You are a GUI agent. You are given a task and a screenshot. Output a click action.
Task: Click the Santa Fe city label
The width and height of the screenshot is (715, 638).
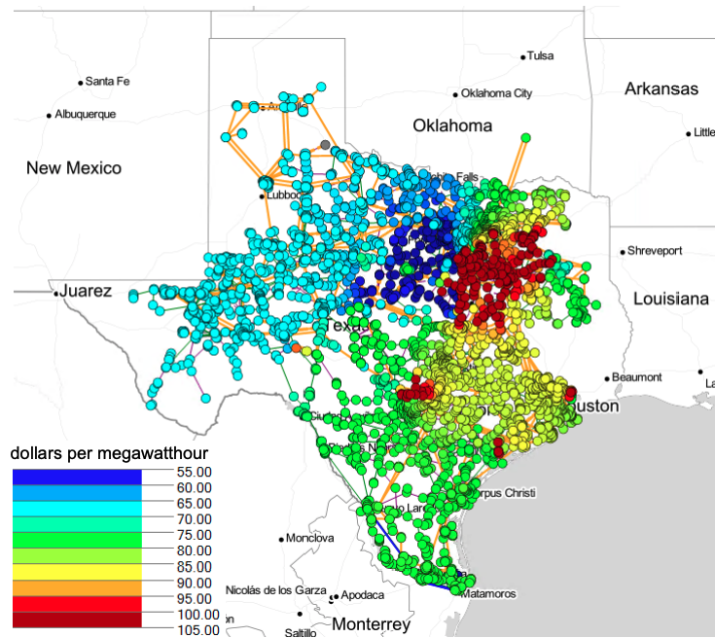coord(107,81)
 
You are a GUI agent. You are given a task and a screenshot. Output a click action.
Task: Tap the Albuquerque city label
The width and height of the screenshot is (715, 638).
coord(85,115)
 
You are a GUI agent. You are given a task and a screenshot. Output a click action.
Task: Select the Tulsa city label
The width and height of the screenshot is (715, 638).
coord(541,56)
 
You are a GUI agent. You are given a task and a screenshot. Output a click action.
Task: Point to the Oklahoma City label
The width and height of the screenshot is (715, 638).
coord(496,94)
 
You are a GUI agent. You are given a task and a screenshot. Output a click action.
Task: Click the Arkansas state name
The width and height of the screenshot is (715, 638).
coord(661,89)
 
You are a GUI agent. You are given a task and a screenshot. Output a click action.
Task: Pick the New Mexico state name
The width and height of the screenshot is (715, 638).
coord(74,168)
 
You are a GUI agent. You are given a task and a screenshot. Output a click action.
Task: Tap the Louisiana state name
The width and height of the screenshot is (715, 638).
coord(671,299)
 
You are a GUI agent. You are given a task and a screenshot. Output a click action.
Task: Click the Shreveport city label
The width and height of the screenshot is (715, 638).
coord(655,251)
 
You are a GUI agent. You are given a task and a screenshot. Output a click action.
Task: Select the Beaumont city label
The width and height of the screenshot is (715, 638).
coord(638,377)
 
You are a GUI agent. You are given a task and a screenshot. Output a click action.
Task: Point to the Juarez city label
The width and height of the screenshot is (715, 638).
coord(86,291)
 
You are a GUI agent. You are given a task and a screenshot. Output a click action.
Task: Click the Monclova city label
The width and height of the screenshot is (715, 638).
coord(310,538)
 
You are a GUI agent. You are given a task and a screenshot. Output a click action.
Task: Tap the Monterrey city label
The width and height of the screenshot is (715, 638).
coord(371,623)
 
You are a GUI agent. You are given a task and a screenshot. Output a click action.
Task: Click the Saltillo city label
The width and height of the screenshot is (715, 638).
coord(300,632)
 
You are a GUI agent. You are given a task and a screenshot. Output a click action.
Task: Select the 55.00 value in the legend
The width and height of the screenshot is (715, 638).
coord(195,471)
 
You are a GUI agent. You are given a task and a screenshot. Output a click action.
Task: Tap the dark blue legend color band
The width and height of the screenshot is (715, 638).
coord(77,478)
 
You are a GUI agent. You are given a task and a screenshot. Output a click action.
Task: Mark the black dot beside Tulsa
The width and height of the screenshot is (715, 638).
coord(523,56)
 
